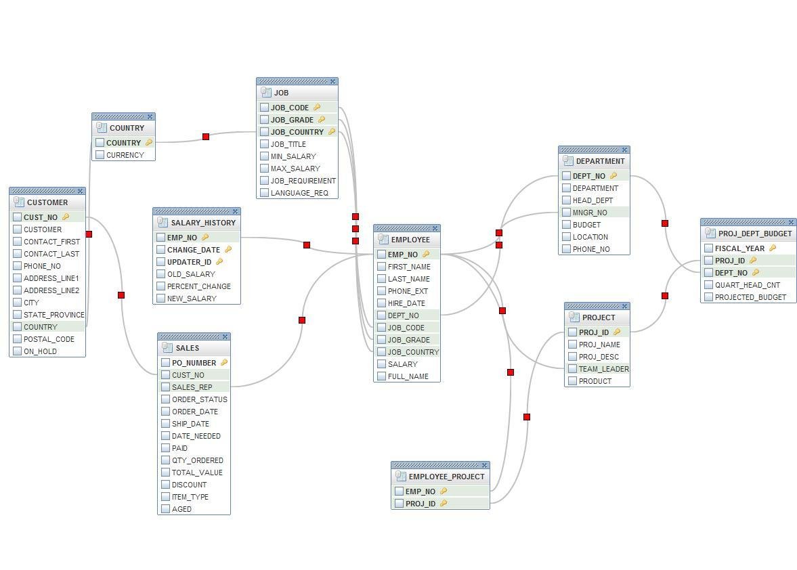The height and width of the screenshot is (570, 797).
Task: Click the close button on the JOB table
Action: click(332, 81)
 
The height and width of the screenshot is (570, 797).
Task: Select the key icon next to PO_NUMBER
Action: click(224, 363)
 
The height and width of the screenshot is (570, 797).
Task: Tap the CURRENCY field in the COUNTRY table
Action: click(125, 155)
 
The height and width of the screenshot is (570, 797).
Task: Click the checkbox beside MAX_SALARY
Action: click(265, 169)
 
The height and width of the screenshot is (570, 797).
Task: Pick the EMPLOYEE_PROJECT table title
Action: click(446, 477)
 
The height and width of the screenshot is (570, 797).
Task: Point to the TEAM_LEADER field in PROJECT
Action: click(603, 369)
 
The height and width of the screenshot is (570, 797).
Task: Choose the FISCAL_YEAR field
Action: click(739, 248)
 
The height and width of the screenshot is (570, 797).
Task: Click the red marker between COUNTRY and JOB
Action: click(206, 137)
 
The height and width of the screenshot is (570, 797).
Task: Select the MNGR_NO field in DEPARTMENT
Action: click(590, 213)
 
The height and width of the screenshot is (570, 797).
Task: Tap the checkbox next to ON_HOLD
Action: click(18, 351)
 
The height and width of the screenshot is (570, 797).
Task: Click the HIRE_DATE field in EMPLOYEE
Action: click(406, 303)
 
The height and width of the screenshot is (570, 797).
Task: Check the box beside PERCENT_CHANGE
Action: click(161, 286)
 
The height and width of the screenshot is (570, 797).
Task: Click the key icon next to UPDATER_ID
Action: click(219, 262)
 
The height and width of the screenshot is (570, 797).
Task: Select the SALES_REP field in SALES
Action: click(192, 387)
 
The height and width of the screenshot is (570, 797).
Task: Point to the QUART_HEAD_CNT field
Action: click(747, 285)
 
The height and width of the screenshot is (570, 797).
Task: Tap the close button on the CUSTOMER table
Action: click(81, 191)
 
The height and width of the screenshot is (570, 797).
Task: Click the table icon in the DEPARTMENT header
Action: click(568, 161)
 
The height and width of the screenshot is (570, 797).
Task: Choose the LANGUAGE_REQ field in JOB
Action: click(299, 193)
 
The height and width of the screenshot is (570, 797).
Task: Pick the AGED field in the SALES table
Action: click(181, 509)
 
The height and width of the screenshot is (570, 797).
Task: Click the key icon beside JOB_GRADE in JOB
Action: click(322, 120)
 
